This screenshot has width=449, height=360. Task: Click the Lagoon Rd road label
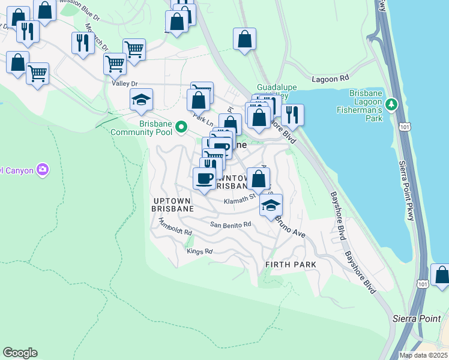(x=330, y=79)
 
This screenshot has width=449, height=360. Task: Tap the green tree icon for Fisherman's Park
(x=392, y=105)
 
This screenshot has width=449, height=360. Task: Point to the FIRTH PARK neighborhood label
(x=291, y=265)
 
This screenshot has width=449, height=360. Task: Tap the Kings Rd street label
(x=200, y=251)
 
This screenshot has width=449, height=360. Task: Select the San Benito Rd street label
(x=230, y=224)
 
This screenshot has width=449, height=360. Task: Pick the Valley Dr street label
(x=125, y=84)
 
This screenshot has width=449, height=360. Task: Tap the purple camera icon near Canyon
(x=43, y=170)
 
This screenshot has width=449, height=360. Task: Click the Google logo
(x=20, y=353)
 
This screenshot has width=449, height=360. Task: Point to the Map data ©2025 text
(x=423, y=355)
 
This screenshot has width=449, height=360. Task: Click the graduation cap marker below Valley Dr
(x=141, y=99)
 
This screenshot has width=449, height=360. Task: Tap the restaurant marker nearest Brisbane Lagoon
(x=292, y=114)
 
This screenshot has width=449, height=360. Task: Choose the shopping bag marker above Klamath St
(x=258, y=178)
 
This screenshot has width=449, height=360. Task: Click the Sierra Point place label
(x=420, y=318)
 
